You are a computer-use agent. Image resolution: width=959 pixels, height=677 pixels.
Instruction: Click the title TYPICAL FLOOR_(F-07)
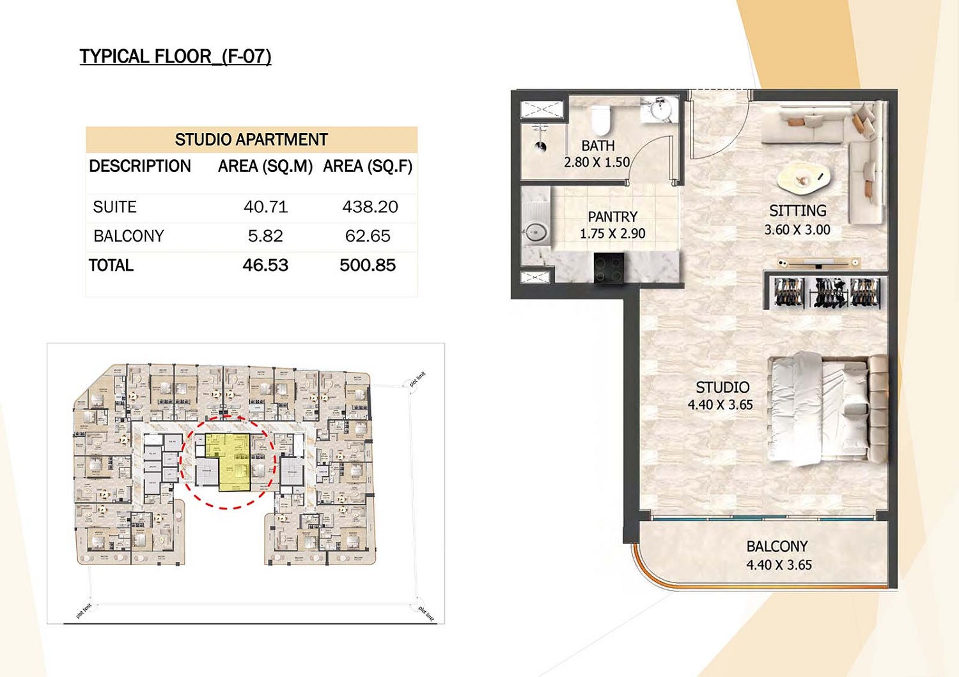pyautogui.click(x=175, y=56)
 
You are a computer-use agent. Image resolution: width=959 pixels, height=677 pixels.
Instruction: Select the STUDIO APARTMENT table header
pyautogui.click(x=251, y=139)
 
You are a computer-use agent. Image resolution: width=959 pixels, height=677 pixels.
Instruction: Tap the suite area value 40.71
pyautogui.click(x=265, y=207)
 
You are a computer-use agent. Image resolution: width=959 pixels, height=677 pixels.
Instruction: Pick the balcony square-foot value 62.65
pyautogui.click(x=368, y=236)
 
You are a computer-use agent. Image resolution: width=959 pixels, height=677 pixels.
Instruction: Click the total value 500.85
pyautogui.click(x=368, y=265)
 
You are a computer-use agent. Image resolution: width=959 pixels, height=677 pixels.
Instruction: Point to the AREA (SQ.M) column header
pyautogui.click(x=265, y=166)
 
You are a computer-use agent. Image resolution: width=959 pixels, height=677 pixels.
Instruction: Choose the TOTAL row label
pyautogui.click(x=111, y=265)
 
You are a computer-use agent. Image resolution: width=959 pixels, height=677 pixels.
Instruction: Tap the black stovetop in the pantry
pyautogui.click(x=609, y=268)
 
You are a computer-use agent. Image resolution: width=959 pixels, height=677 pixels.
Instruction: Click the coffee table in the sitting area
pyautogui.click(x=804, y=178)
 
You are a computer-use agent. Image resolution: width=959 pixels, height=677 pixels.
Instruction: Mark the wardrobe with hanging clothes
pyautogui.click(x=827, y=292)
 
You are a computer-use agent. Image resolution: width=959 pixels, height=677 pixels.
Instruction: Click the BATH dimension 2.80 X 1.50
pyautogui.click(x=596, y=162)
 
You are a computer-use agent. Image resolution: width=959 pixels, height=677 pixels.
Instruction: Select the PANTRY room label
pyautogui.click(x=612, y=217)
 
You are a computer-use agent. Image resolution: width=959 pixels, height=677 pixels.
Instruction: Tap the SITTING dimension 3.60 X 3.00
pyautogui.click(x=797, y=230)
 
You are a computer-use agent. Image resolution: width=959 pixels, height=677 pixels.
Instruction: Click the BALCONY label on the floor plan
pyautogui.click(x=777, y=546)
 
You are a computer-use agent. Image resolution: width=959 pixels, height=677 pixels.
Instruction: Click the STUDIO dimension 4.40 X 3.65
pyautogui.click(x=720, y=405)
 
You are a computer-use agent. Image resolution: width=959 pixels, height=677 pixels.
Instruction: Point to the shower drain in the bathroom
pyautogui.click(x=541, y=146)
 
